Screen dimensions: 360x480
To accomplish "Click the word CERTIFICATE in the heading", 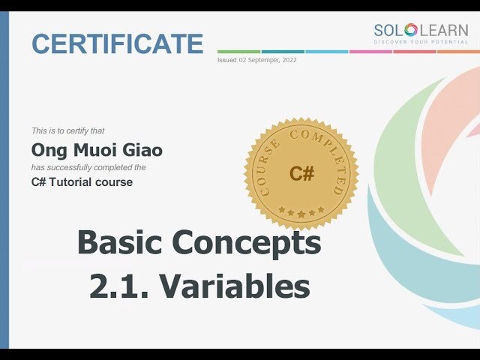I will pyautogui.click(x=117, y=43).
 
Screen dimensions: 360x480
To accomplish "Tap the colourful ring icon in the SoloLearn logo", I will pyautogui.click(x=410, y=30).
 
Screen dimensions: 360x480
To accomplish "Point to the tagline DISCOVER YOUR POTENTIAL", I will pyautogui.click(x=421, y=43).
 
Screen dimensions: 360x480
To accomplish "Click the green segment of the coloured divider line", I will pyautogui.click(x=238, y=52).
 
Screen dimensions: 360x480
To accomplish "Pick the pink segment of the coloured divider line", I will pyautogui.click(x=370, y=52).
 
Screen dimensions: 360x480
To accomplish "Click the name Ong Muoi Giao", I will pyautogui.click(x=97, y=150).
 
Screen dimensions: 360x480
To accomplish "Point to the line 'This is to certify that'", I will pyautogui.click(x=73, y=130).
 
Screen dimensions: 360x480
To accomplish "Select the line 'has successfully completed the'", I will pyautogui.click(x=88, y=167).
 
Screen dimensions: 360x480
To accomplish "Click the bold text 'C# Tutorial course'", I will pyautogui.click(x=82, y=182).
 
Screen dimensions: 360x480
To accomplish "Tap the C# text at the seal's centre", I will pyautogui.click(x=301, y=174).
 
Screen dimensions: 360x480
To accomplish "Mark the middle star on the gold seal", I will pyautogui.click(x=301, y=214).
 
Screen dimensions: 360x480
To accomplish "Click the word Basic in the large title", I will pyautogui.click(x=119, y=243).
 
